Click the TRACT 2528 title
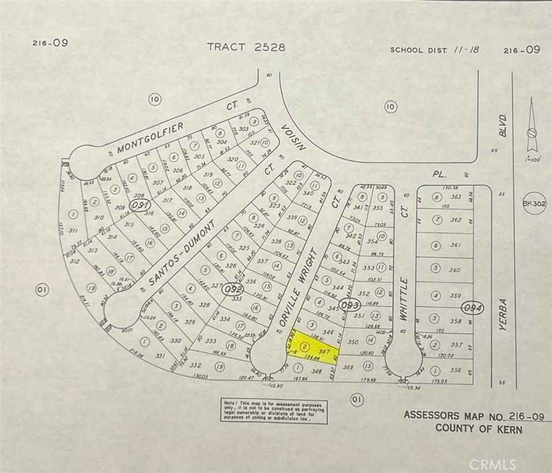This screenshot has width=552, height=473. [246, 47]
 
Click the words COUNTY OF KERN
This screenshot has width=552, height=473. [479, 429]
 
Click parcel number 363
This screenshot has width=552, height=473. [456, 197]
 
